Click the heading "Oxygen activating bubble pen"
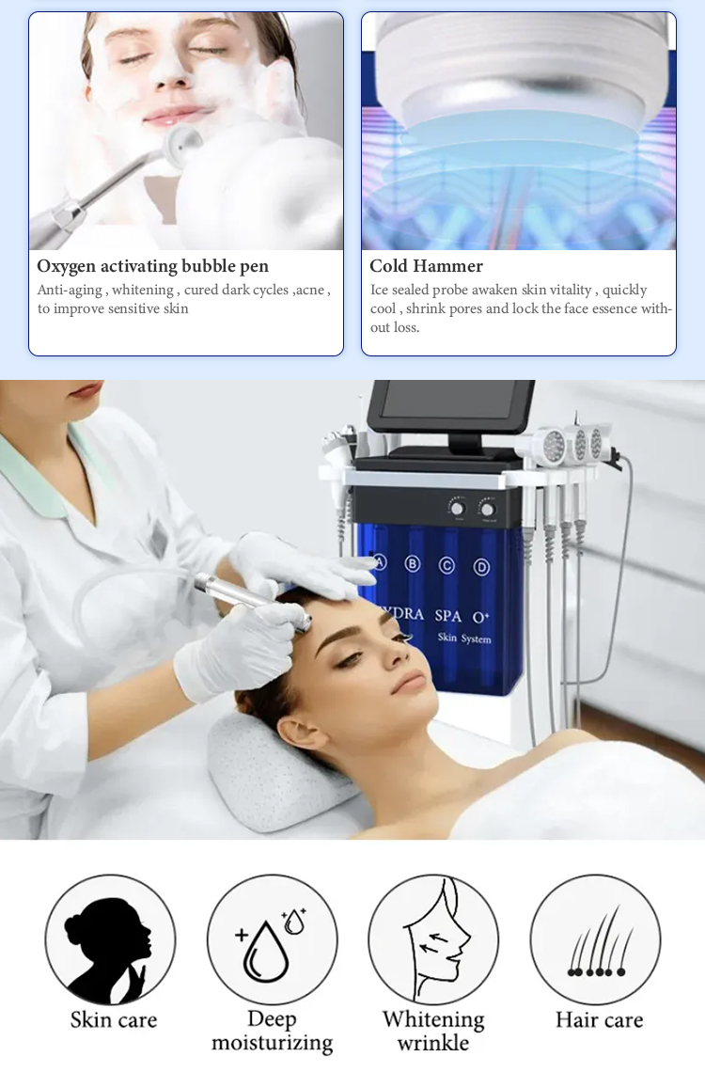152,266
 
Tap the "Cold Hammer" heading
426,266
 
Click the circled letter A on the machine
380,562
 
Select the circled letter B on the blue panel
413,564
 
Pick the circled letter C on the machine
446,565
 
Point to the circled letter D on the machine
481,567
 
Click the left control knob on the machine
457,508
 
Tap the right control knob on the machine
487,510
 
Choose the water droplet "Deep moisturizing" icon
272,940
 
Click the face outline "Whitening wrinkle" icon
433,940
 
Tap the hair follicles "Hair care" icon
596,940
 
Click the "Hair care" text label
599,1020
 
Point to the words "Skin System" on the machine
464,638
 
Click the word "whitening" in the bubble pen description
143,290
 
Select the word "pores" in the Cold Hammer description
466,309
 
